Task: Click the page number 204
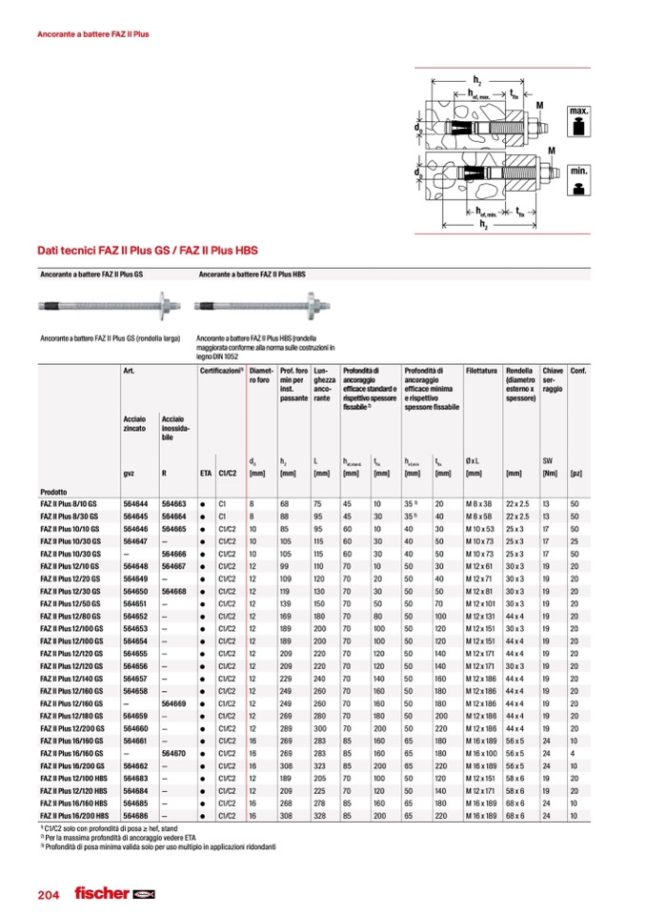pyautogui.click(x=49, y=894)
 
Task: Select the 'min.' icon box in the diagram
pyautogui.click(x=579, y=179)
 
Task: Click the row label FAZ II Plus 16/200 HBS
pyautogui.click(x=75, y=817)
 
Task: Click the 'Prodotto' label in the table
pyautogui.click(x=55, y=490)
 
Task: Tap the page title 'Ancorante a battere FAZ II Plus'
pyautogui.click(x=92, y=34)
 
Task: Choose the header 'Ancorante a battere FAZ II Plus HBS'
pyautogui.click(x=252, y=274)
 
